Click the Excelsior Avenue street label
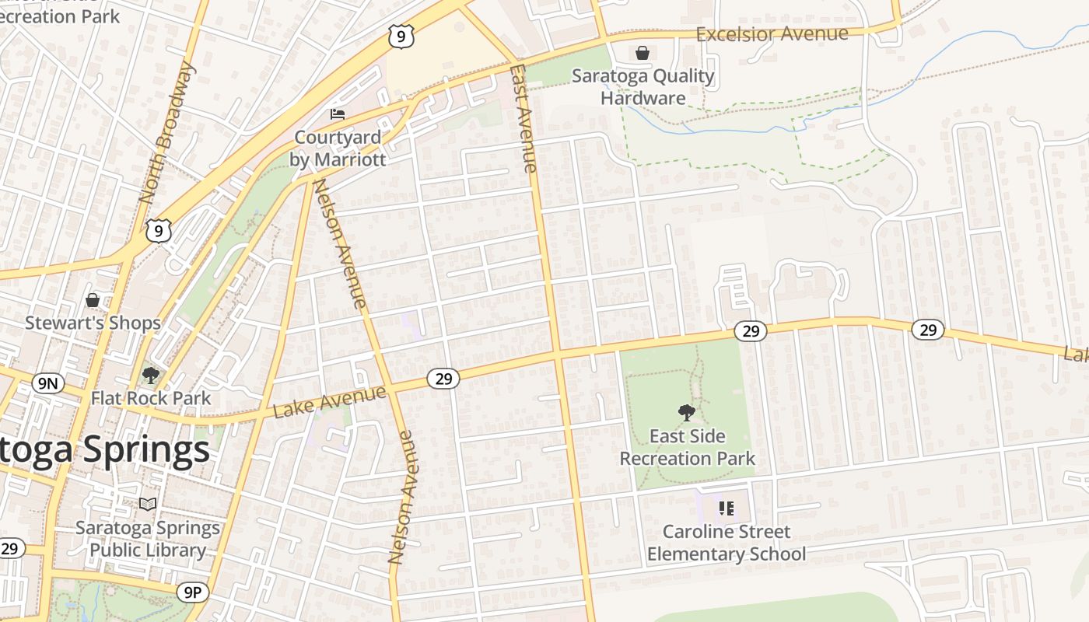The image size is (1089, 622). [772, 34]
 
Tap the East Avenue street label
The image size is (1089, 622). [523, 118]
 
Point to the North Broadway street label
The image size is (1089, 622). [166, 133]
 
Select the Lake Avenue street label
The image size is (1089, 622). [329, 401]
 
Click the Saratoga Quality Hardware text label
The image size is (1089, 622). [643, 86]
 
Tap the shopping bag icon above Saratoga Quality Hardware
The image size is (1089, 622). [643, 53]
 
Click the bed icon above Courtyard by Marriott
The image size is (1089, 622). [338, 114]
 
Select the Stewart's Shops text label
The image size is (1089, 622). [93, 323]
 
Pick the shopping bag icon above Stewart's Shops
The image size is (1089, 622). [93, 299]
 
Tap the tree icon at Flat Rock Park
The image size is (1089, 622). [151, 376]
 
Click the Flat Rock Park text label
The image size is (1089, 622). [151, 398]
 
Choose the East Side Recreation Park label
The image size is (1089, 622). [687, 447]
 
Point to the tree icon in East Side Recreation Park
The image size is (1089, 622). [686, 412]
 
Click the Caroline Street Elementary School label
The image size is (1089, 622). [726, 543]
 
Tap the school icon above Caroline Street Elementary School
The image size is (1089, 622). [726, 508]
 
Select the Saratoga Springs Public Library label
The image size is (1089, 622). [148, 539]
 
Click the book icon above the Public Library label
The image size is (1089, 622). [148, 504]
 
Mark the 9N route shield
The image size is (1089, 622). [48, 382]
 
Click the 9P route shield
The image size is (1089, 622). [192, 593]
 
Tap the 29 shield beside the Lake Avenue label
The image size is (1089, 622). [443, 379]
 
